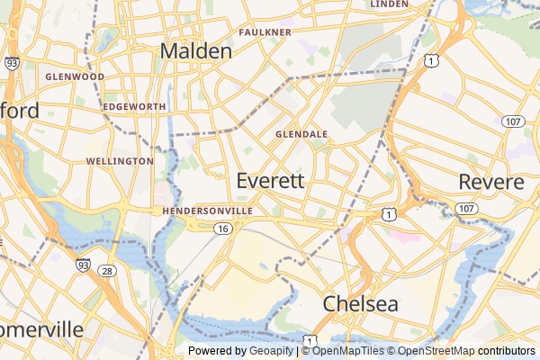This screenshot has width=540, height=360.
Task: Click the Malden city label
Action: click(x=195, y=51)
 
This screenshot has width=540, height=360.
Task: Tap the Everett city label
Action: click(x=270, y=181)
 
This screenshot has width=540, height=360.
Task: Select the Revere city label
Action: click(x=490, y=182)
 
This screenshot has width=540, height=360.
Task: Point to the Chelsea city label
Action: click(x=360, y=303)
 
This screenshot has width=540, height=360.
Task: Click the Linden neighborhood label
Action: click(x=389, y=4)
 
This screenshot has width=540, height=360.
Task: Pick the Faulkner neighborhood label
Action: click(x=265, y=32)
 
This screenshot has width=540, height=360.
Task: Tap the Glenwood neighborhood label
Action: click(x=75, y=77)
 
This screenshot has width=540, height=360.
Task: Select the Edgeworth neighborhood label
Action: click(x=134, y=106)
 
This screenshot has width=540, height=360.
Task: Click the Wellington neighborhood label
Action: click(x=120, y=161)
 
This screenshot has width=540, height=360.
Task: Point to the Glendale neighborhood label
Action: click(x=301, y=134)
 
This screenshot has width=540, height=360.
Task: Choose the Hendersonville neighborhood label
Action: click(x=209, y=211)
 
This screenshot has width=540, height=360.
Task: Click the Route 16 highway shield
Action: click(x=220, y=229)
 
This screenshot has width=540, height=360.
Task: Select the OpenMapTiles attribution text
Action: click(x=348, y=351)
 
